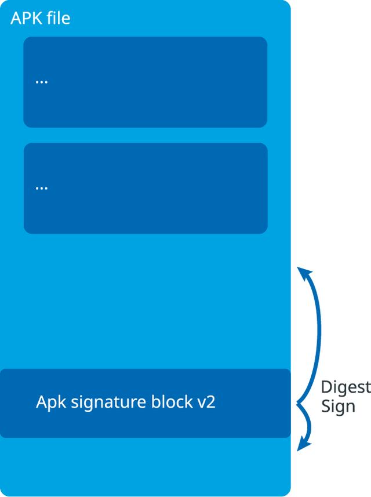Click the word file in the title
57,18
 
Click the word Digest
345,387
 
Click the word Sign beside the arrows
338,407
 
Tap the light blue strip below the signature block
145,464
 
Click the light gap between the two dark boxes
145,135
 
